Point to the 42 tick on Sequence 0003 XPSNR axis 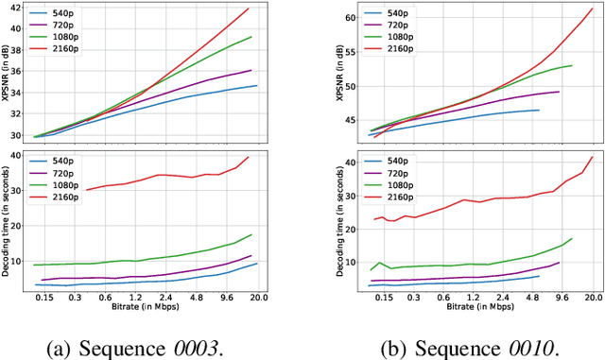click(21, 9)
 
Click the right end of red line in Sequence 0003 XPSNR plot click(249, 9)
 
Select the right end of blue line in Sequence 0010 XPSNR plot click(539, 110)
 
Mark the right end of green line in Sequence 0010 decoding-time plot click(572, 238)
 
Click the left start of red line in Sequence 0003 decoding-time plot click(86, 190)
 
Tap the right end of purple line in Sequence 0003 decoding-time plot click(251, 255)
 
